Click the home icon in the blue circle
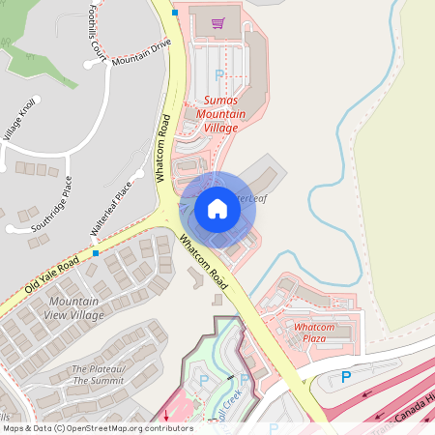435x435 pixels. pos(217,209)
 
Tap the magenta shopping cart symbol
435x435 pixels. pos(218,23)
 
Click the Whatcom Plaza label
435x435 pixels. pos(314,333)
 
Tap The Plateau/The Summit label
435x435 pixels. pos(98,375)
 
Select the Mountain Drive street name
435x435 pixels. pos(140,53)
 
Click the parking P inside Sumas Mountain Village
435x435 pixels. pos(218,74)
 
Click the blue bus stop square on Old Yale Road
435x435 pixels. pos(96,253)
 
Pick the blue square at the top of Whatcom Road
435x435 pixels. pos(174,13)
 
